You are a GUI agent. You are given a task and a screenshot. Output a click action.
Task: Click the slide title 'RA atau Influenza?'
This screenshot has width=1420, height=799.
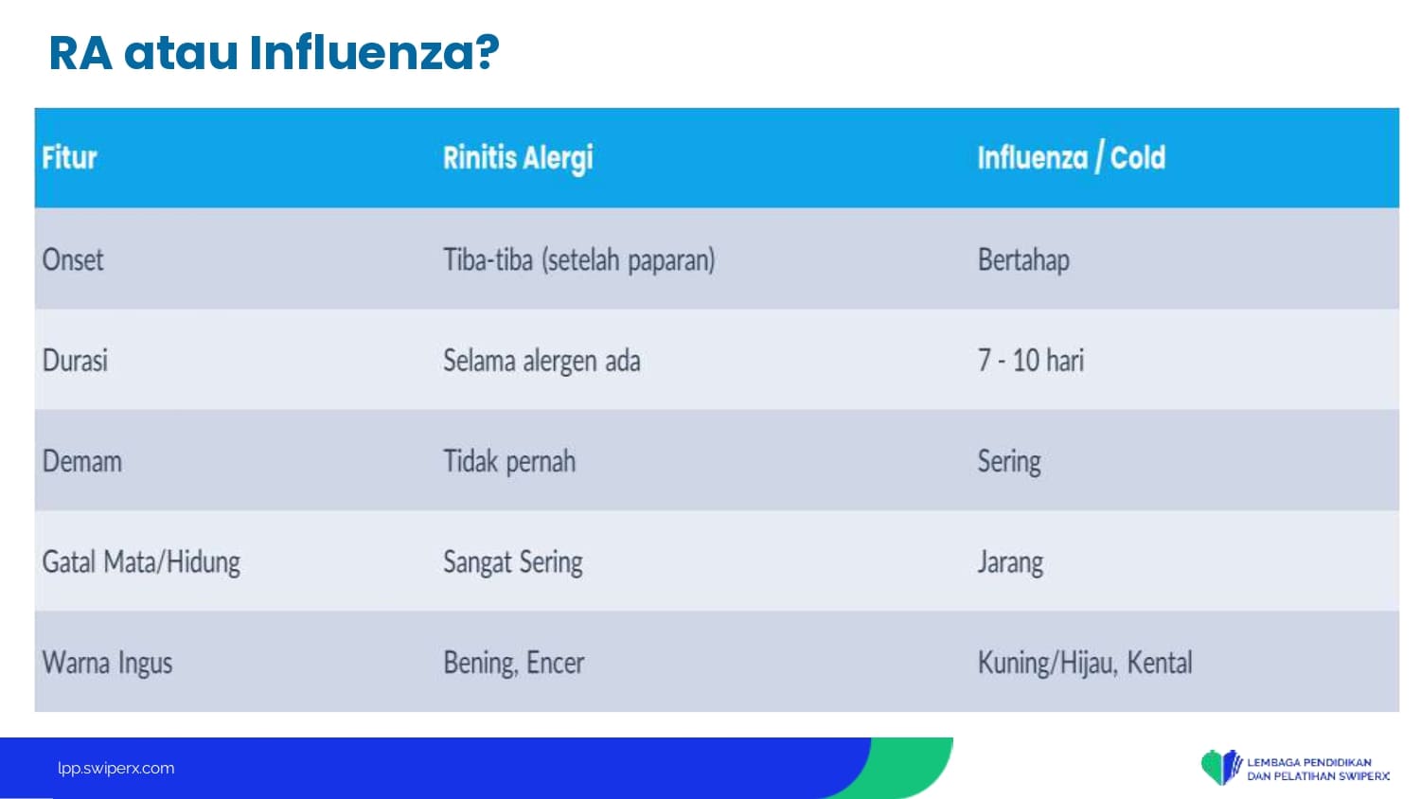click(x=274, y=53)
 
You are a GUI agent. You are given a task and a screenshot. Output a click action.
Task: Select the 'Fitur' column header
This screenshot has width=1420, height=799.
click(x=69, y=157)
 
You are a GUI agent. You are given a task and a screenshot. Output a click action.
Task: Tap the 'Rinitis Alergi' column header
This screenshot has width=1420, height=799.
click(x=518, y=158)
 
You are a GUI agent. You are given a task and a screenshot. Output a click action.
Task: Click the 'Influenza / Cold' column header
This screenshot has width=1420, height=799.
click(x=1072, y=157)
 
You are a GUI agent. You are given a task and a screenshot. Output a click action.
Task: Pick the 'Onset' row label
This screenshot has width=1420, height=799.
click(x=72, y=260)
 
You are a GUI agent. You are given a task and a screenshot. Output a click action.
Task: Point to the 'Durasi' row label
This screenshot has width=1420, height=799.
click(x=75, y=360)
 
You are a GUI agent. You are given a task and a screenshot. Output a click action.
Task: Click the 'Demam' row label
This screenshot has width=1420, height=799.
click(x=81, y=461)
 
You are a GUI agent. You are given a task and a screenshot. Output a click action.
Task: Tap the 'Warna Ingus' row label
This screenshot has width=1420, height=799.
click(x=107, y=664)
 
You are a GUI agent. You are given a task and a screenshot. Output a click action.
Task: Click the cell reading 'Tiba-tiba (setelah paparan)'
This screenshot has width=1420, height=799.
click(x=578, y=260)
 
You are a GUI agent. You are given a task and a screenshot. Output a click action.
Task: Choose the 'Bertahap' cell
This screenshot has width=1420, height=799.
click(x=1023, y=260)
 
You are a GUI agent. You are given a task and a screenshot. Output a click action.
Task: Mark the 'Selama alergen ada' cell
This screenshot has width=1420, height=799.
click(x=541, y=361)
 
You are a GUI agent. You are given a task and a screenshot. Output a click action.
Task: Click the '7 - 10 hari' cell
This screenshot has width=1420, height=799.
click(x=1031, y=360)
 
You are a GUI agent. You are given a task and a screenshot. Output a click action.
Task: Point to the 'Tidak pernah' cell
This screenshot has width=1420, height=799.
click(x=509, y=462)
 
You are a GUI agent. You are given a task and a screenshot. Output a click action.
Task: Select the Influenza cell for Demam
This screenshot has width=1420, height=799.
click(x=1009, y=462)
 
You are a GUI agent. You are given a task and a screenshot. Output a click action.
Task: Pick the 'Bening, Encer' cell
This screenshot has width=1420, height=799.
click(x=513, y=664)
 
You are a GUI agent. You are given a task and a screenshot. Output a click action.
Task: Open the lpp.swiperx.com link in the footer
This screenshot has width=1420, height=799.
click(x=116, y=769)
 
